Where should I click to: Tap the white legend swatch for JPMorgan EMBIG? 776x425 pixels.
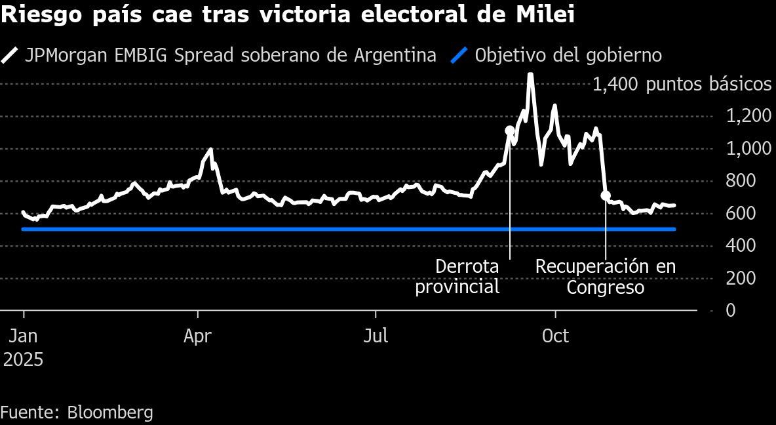point(10,56)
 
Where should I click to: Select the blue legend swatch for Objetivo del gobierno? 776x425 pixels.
point(460,56)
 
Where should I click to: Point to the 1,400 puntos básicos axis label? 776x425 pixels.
point(682,85)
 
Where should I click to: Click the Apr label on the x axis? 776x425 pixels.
point(197,336)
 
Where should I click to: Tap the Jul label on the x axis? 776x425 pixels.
point(376,336)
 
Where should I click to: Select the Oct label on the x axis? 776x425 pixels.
point(555,336)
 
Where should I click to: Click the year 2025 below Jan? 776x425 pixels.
point(24,360)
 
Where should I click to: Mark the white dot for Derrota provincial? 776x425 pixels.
point(510,131)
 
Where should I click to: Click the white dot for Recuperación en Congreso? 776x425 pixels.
point(606,195)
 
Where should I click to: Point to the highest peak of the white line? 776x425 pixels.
point(530,74)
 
